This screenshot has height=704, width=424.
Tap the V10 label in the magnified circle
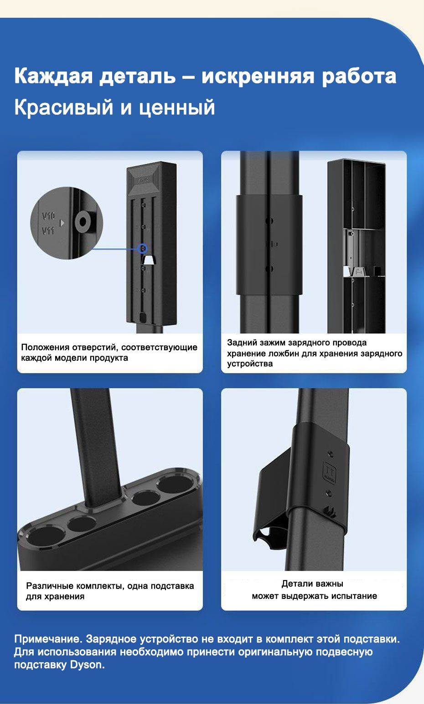click(49, 215)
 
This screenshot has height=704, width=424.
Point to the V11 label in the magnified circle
click(48, 231)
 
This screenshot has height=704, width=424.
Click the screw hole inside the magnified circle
click(83, 222)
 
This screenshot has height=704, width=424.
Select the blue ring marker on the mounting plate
click(143, 249)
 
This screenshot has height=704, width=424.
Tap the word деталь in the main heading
click(137, 77)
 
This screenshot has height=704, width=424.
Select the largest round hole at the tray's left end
click(46, 538)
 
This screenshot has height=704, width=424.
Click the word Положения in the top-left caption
click(45, 347)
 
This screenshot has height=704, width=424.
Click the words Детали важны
click(312, 584)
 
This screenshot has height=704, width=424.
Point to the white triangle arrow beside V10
click(62, 223)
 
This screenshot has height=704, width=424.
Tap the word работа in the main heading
click(359, 77)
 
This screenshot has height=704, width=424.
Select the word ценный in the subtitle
click(177, 107)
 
